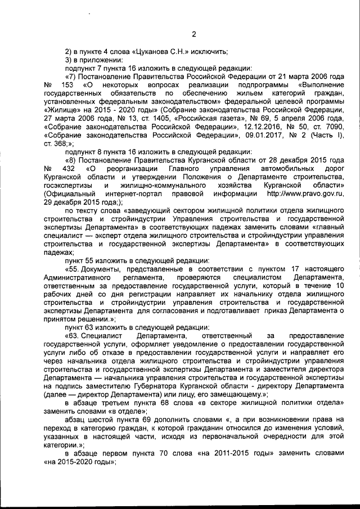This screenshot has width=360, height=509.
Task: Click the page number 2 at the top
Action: click(193, 34)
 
